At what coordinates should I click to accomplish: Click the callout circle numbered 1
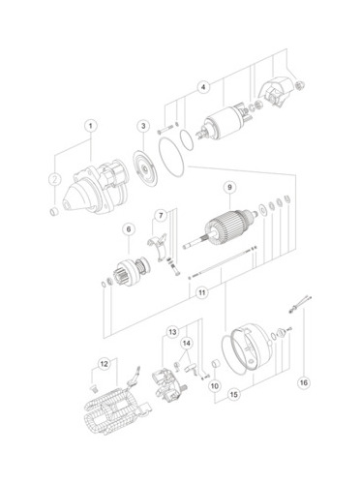click(91, 126)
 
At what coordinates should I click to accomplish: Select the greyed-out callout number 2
click(55, 179)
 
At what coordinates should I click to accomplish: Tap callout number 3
click(143, 126)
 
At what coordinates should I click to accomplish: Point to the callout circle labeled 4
click(203, 87)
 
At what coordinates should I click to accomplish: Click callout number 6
click(129, 229)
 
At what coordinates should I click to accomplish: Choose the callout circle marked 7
click(161, 216)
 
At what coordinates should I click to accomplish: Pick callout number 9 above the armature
click(229, 187)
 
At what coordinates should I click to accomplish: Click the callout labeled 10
click(215, 385)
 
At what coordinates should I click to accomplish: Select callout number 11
click(202, 292)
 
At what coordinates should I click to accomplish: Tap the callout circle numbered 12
click(104, 364)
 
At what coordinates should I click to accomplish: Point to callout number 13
click(173, 332)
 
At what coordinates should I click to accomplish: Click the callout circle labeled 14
click(187, 344)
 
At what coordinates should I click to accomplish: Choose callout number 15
click(234, 394)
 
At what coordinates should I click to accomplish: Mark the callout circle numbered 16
click(304, 382)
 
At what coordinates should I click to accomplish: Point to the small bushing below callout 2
click(54, 211)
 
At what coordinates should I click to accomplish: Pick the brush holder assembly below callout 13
click(169, 385)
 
